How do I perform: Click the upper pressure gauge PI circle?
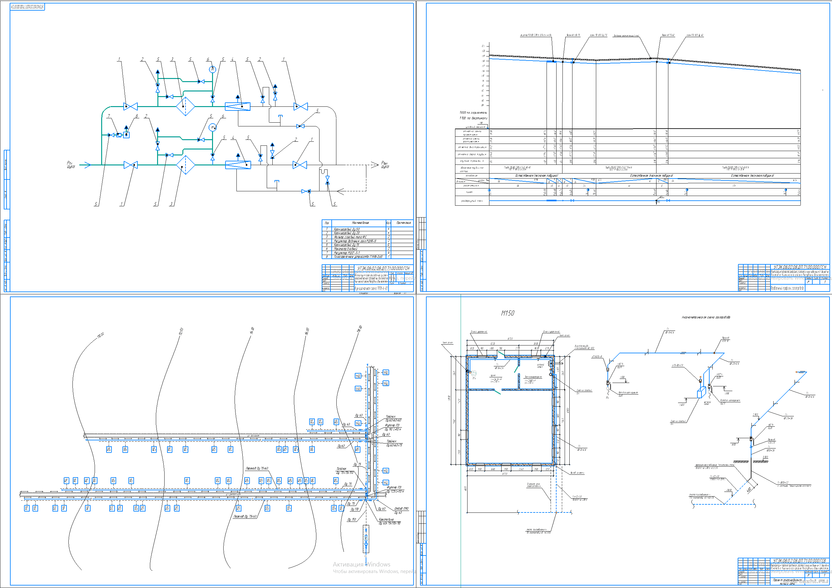[212, 69]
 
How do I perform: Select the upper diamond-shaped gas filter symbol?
[186, 106]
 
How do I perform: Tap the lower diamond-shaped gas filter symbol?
[186, 165]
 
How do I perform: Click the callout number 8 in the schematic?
[136, 116]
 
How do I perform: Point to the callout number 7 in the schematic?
[109, 116]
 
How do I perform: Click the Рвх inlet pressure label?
[70, 165]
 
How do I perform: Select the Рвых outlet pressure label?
[385, 165]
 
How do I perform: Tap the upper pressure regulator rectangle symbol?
[237, 106]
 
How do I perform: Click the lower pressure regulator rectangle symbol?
[238, 165]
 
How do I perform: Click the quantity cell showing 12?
[389, 245]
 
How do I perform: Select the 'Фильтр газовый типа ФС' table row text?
[350, 237]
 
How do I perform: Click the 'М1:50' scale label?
[507, 313]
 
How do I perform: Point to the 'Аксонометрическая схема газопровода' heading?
[706, 317]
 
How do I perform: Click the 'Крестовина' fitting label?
[386, 519]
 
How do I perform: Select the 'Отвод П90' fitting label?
[401, 509]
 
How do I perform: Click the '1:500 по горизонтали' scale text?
[473, 113]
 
